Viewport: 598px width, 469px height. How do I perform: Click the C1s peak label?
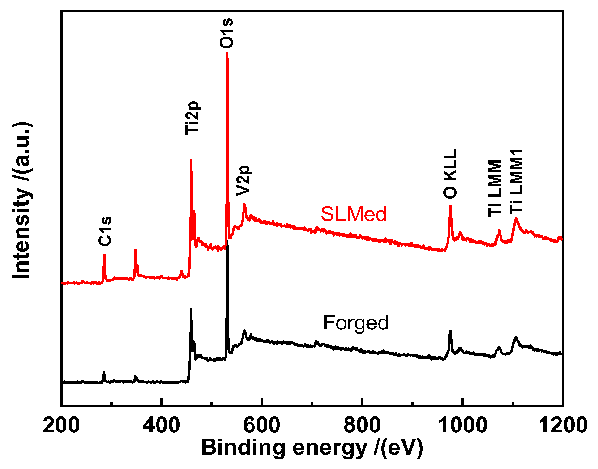click(105, 231)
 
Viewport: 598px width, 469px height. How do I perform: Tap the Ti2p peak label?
click(192, 118)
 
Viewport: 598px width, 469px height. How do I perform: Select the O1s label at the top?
click(226, 33)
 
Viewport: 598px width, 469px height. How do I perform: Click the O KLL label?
click(450, 174)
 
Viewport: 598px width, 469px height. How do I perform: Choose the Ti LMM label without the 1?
click(495, 188)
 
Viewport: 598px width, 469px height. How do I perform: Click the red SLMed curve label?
click(354, 214)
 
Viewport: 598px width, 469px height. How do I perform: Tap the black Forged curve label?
click(355, 322)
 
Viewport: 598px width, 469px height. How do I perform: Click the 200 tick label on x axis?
click(61, 426)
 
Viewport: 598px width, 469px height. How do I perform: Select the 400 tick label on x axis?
click(161, 426)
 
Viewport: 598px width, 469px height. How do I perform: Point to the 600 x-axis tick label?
click(262, 426)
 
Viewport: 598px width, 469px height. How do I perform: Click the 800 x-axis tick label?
click(362, 426)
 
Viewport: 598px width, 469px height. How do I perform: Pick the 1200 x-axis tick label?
click(562, 426)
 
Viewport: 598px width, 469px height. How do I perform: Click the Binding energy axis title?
click(312, 448)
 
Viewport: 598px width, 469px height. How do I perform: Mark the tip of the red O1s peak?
click(227, 52)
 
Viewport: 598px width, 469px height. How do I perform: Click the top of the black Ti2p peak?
click(191, 309)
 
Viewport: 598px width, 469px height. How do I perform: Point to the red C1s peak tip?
click(104, 255)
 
